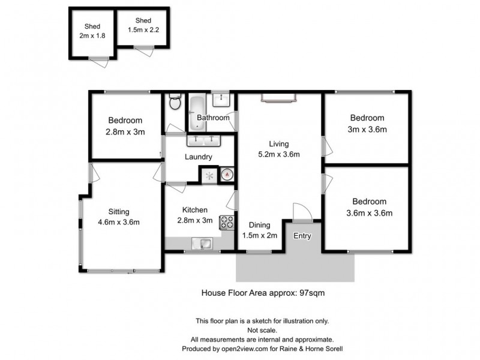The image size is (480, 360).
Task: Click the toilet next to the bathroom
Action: (175, 102)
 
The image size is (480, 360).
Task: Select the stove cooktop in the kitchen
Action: (227, 222)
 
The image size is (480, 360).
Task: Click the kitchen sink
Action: (202, 243)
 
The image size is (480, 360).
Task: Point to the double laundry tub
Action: (202, 140)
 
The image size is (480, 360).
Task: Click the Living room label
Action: (279, 144)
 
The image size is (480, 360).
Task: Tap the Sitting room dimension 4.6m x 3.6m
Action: (119, 222)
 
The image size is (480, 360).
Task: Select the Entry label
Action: (302, 236)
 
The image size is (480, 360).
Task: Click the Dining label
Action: (260, 226)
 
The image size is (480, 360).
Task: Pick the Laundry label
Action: (199, 157)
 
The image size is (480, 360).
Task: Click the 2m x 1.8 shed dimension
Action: (92, 36)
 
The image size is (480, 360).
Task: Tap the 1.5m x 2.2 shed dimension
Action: (143, 30)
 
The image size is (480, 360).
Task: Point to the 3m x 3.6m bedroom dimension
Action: (367, 129)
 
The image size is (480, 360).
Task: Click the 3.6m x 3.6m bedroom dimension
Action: (369, 213)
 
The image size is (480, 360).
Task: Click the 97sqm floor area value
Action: (311, 293)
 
